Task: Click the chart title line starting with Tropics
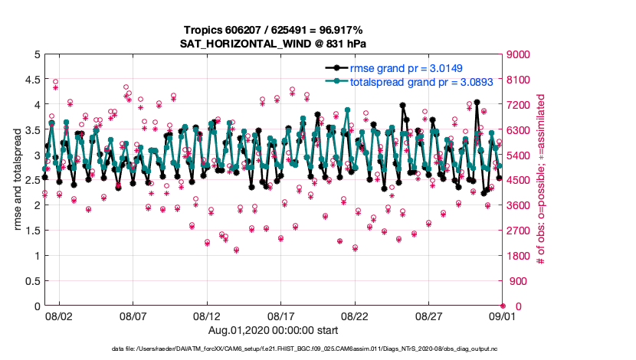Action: [273, 30]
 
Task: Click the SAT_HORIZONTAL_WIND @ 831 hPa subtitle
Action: [273, 44]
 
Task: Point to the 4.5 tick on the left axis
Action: [30, 80]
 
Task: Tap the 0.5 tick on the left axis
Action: [30, 281]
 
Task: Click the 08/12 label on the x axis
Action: [207, 316]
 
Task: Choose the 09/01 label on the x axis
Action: [503, 316]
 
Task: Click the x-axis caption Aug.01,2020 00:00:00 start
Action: [273, 330]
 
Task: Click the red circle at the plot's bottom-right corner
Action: [503, 306]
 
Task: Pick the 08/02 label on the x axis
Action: [59, 316]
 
